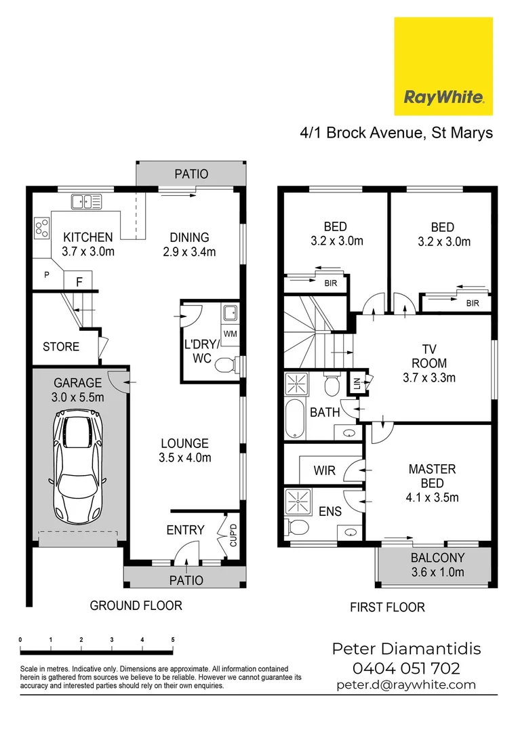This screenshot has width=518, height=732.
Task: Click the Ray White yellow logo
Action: (x=443, y=66)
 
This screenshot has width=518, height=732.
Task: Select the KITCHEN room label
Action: (x=88, y=238)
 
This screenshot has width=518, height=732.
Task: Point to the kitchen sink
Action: (x=86, y=201)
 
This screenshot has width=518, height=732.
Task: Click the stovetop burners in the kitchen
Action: (x=41, y=227)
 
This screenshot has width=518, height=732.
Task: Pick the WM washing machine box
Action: (x=230, y=333)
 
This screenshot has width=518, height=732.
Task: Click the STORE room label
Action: (x=61, y=347)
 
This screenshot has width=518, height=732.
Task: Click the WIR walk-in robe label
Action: (x=324, y=470)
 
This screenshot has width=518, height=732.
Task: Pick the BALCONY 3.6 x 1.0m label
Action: (x=437, y=565)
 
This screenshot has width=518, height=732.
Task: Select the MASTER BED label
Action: (x=432, y=476)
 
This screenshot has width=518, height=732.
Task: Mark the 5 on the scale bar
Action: (x=173, y=640)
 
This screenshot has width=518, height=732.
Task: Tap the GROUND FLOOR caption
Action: (x=136, y=605)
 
